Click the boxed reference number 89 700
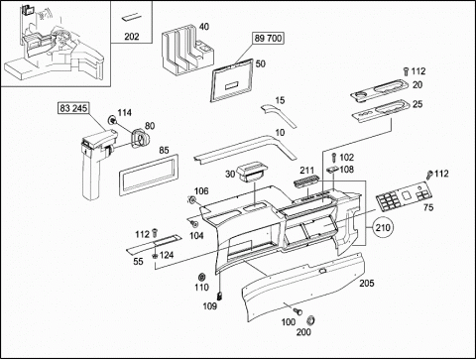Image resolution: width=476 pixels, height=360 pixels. point(268,39)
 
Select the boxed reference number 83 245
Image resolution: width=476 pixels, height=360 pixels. point(73,108)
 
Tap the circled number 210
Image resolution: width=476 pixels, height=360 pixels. point(383,227)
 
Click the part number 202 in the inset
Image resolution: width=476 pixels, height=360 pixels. point(132,37)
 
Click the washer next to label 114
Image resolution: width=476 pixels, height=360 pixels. point(112,120)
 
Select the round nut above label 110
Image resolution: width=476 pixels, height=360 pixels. point(200,277)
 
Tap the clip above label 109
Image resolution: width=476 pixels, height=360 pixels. point(219,296)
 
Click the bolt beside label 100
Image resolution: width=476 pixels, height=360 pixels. point(297,310)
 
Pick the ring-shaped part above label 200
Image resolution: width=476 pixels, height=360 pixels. point(310,320)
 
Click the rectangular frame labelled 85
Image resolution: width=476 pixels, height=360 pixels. point(149,175)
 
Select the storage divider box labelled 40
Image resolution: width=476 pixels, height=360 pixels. point(187,51)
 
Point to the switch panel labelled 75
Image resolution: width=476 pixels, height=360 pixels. point(405,197)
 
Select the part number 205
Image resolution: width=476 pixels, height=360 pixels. point(367,283)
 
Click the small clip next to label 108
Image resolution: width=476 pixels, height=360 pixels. point(332,170)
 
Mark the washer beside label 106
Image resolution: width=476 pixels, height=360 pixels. point(191,200)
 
